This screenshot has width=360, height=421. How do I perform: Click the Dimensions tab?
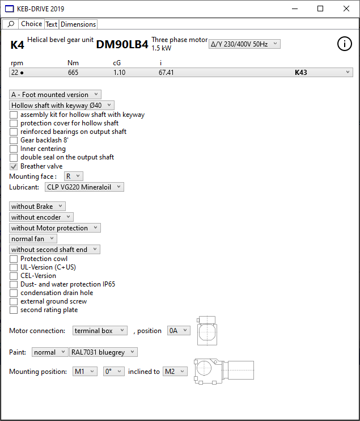tap(78, 24)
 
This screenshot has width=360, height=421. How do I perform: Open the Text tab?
tap(52, 24)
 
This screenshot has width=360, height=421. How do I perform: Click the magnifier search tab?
tap(11, 24)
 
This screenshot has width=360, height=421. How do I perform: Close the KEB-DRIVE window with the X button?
tap(346, 9)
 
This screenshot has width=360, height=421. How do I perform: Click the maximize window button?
tap(320, 9)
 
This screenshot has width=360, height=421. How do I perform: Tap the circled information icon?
tap(345, 44)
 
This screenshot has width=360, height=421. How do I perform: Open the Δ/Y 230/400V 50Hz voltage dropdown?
tap(244, 44)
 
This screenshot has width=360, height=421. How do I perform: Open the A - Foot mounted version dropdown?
tap(55, 95)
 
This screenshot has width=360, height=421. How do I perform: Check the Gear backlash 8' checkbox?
tap(14, 140)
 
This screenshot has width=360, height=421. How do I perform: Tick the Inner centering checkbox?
tap(14, 149)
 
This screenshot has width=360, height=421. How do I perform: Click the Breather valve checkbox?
tap(14, 166)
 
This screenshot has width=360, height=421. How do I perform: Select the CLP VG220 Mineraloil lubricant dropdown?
tap(84, 187)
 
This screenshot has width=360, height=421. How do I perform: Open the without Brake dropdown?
tap(37, 207)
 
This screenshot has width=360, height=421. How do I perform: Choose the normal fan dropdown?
tap(33, 239)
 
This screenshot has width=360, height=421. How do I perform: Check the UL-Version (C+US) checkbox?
tap(14, 267)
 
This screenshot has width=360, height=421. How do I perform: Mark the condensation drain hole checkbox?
tap(14, 293)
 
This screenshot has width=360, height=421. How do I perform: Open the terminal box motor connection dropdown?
tap(100, 331)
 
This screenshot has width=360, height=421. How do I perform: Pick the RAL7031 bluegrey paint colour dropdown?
tap(103, 352)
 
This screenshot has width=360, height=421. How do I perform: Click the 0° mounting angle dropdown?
tap(113, 372)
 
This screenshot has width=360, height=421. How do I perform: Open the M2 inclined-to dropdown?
tap(175, 372)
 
